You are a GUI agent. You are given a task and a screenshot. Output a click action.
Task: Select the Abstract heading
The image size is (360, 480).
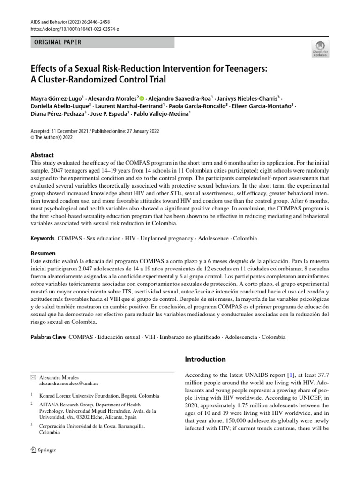click(x=42, y=155)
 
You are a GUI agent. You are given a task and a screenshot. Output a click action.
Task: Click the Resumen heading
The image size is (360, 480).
click(x=43, y=253)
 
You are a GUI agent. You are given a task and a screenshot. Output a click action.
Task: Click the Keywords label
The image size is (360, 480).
click(x=43, y=238)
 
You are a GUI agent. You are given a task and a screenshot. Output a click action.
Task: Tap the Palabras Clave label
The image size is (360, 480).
click(x=48, y=337)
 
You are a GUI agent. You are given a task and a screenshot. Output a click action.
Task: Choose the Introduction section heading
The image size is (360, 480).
click(x=206, y=360)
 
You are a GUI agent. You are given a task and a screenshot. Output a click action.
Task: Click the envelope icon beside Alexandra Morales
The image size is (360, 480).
click(x=32, y=377)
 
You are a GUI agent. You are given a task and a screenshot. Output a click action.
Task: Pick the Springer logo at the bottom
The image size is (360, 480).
click(x=43, y=450)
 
